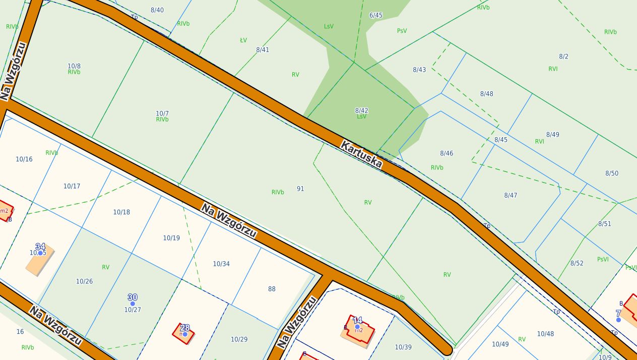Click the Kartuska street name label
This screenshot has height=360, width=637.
coord(361,154)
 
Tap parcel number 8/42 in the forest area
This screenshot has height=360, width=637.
coord(361,110)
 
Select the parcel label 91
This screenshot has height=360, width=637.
coord(300,189)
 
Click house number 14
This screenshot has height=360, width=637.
coord(357,320)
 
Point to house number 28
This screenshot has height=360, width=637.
coord(185,327)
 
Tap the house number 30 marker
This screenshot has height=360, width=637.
coord(133,297)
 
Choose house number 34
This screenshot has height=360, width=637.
coord(40,247)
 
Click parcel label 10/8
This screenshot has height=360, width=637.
coord(74,66)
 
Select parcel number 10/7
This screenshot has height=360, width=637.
coord(162,113)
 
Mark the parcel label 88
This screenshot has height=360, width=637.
coord(272,289)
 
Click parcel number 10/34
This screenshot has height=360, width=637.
coord(221,264)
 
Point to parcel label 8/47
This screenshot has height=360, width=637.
coord(511,195)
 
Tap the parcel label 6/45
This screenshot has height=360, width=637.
coord(376,15)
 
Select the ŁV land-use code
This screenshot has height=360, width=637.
coord(243,40)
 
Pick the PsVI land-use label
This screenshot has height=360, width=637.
coord(603,259)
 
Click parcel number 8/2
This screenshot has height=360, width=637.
coord(563,56)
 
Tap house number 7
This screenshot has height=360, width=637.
coord(618,313)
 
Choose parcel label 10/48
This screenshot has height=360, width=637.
coord(545,334)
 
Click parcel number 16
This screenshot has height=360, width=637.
coord(20,331)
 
